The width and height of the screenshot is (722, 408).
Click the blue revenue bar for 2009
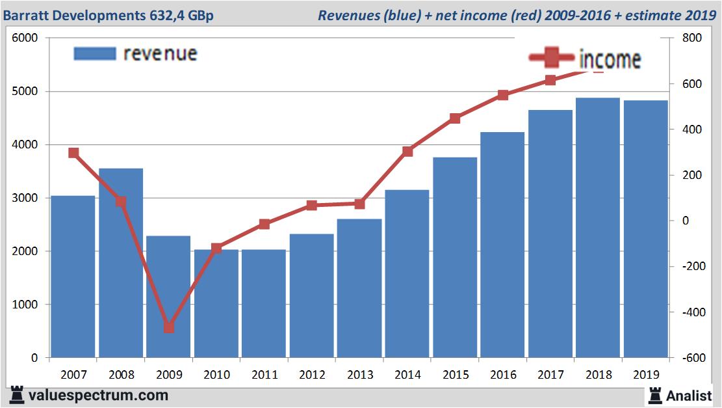point(168,297)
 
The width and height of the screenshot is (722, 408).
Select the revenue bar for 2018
point(598,228)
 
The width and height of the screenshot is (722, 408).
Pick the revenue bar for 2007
point(73,277)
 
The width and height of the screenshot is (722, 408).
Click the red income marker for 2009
point(169,327)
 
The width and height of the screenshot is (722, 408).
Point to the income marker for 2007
point(73,153)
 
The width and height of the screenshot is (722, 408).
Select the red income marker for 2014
point(407,152)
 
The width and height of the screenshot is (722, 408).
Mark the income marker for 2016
point(503,95)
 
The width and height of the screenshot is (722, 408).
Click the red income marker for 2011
point(264,224)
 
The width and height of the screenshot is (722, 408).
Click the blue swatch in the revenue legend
point(95,53)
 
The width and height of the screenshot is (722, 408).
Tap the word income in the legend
point(610,59)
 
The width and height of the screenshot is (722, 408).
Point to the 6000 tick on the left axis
point(26,38)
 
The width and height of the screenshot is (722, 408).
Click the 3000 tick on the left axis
point(26,198)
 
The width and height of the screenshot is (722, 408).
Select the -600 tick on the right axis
point(690,358)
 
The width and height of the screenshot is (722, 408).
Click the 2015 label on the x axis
point(455,375)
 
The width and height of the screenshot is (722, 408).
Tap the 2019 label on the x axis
point(646,375)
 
